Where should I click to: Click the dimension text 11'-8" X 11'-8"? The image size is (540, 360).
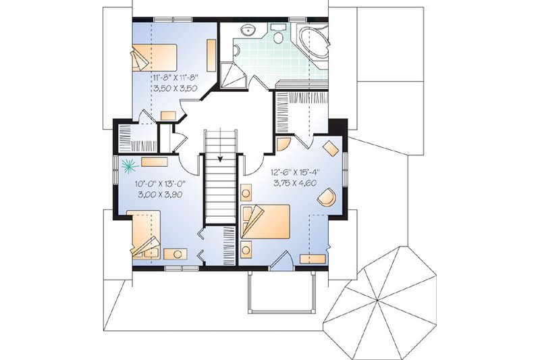(x=173, y=78)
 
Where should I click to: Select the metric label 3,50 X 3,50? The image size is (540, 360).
(x=173, y=88)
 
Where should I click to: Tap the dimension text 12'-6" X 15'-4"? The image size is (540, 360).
(x=295, y=172)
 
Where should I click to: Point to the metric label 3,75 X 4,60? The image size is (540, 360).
(x=295, y=182)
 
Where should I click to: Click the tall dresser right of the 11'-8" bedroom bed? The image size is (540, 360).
(x=211, y=52)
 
